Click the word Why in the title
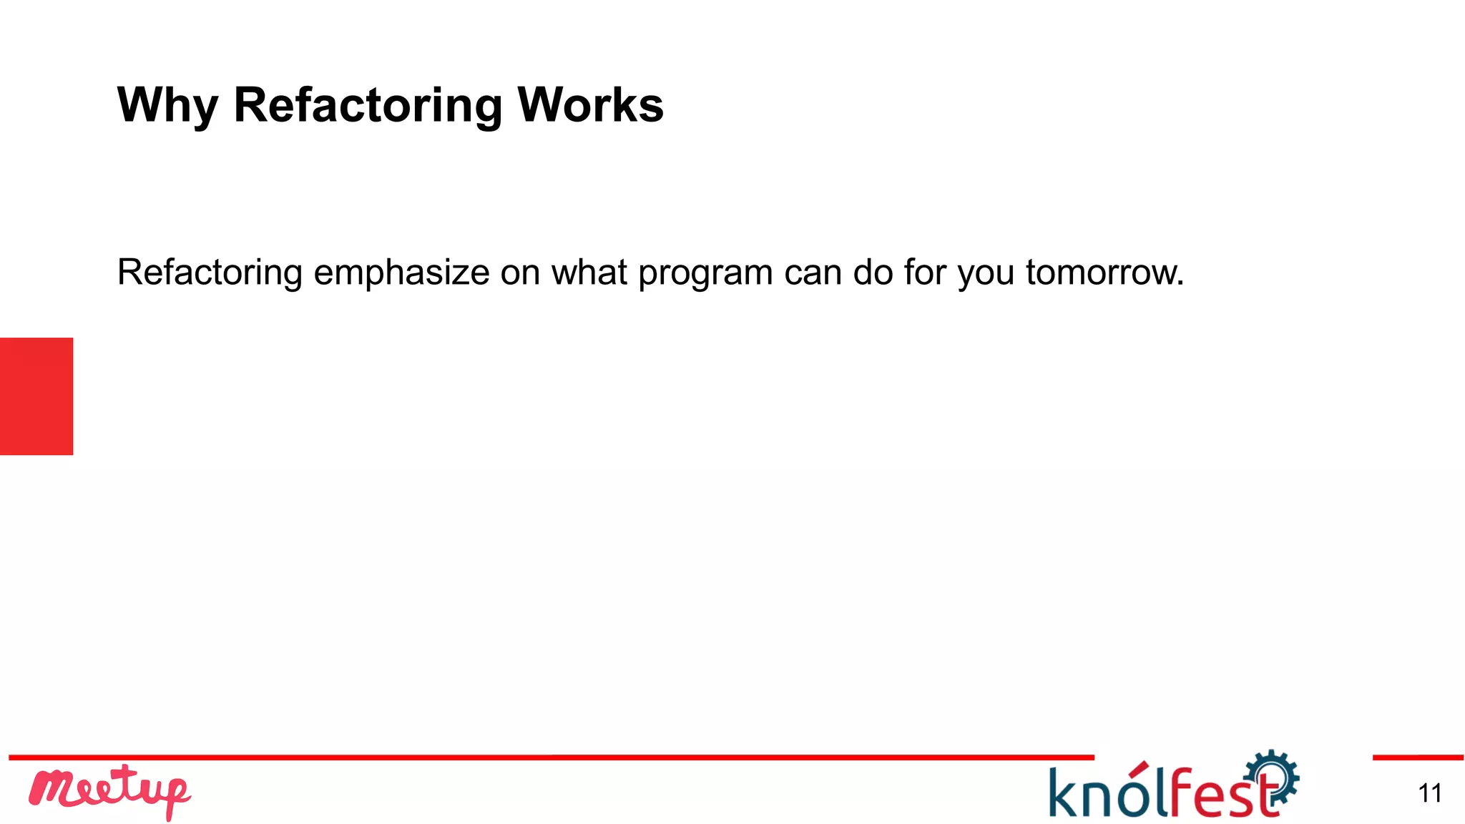pos(167,106)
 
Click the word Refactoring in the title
pos(368,106)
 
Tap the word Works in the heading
pos(590,104)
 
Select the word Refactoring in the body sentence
pos(210,273)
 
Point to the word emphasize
pos(401,273)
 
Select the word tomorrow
pos(1104,273)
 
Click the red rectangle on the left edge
pos(36,396)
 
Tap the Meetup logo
pos(109,791)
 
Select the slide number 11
pos(1429,793)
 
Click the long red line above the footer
pos(551,757)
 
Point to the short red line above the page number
pos(1417,757)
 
